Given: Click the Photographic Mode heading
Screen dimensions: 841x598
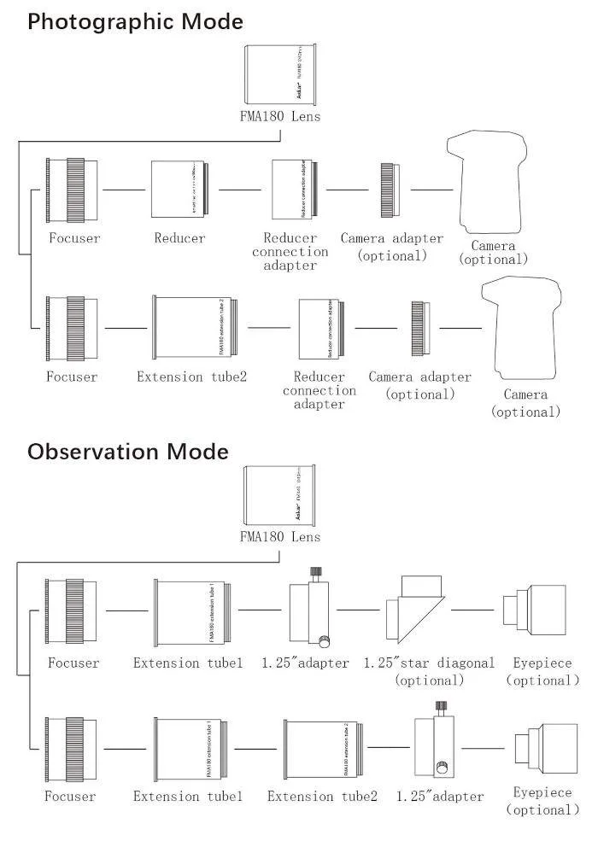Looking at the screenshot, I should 135,21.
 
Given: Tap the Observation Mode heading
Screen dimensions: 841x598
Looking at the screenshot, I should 128,451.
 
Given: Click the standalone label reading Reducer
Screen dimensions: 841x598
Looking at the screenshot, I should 179,238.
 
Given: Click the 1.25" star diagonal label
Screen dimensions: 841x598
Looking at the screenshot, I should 429,663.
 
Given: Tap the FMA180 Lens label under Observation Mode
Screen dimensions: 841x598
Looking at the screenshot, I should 280,537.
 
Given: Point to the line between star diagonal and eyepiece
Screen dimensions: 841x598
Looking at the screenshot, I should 472,610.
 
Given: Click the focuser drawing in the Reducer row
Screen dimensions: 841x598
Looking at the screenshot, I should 72,190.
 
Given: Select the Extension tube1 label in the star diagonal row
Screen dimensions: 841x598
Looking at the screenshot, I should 188,663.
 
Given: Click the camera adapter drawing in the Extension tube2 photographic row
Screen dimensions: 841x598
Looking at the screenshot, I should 419,327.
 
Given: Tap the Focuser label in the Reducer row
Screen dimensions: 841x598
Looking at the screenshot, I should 73,238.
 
